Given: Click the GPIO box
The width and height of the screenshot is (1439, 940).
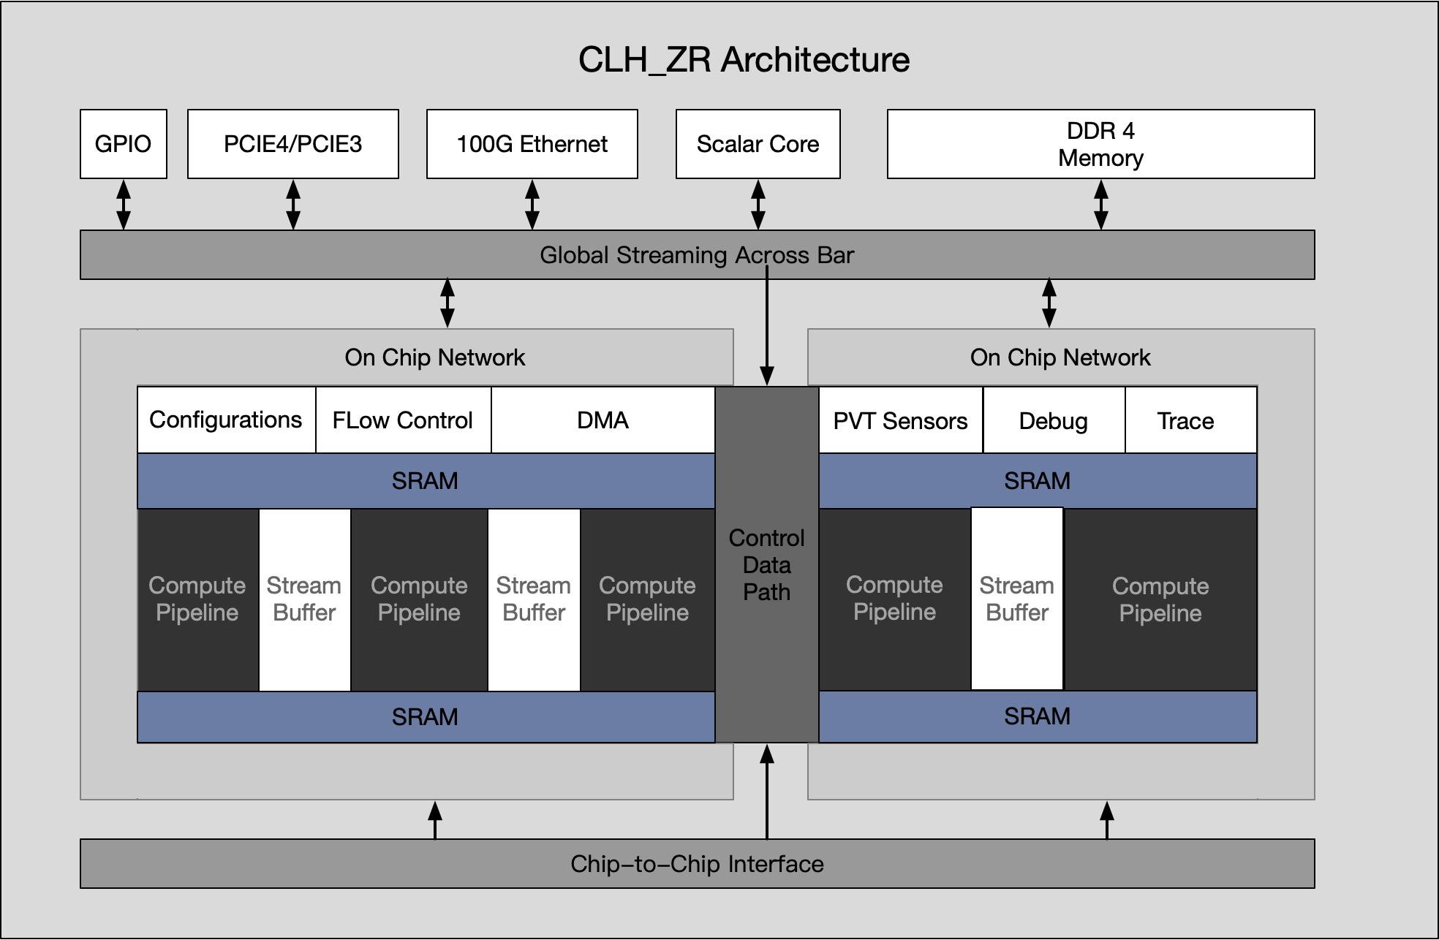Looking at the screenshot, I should pos(124,144).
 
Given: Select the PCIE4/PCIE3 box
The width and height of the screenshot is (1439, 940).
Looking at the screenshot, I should pos(293,144).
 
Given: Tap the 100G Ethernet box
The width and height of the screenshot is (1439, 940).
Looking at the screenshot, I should pos(532,144).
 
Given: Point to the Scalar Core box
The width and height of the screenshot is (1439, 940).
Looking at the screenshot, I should pos(758,144).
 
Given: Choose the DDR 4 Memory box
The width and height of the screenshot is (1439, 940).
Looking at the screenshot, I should pos(1100,144).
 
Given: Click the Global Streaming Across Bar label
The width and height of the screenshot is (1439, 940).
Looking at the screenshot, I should pos(697,255).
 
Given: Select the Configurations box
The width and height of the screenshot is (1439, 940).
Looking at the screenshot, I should pos(226,420).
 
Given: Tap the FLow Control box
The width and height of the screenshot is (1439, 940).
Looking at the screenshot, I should pos(403,420).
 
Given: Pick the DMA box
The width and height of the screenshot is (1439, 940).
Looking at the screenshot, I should pos(603,420).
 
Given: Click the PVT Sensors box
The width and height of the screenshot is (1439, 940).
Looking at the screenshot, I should pos(900,421).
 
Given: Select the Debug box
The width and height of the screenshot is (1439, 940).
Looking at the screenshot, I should pos(1054,421).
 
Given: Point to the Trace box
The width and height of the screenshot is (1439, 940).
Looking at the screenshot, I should pos(1186,421).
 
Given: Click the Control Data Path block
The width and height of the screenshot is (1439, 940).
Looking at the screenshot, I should pos(766,565).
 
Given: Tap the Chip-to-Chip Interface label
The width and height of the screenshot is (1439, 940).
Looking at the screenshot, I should pos(697,864).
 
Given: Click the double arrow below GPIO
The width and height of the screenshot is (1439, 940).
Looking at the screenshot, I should pos(124,205).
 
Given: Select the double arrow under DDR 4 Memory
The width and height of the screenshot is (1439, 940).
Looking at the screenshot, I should pos(1100,205).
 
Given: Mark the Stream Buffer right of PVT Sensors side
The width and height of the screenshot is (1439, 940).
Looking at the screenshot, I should pos(1017,599).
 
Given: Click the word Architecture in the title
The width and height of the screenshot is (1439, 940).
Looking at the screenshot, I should pos(815,60).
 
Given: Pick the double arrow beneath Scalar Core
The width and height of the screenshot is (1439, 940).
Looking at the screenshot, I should pos(758,205).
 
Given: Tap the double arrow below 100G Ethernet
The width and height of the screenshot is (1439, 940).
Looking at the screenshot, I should pos(532,205).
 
